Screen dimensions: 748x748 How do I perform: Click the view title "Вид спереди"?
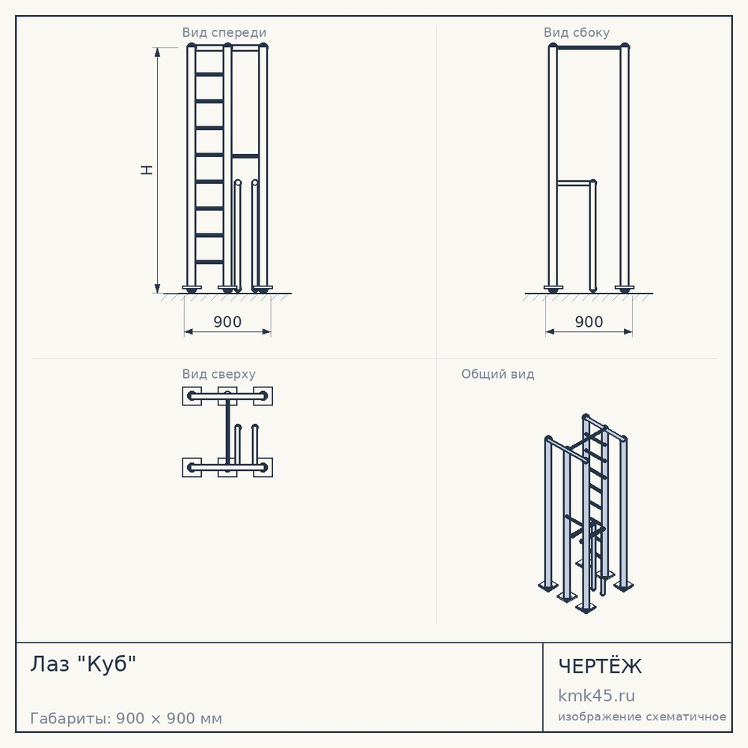pyautogui.click(x=224, y=32)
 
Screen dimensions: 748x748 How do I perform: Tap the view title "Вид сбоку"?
pyautogui.click(x=577, y=32)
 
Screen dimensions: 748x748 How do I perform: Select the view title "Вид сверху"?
pyautogui.click(x=219, y=374)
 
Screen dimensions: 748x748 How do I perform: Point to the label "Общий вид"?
pyautogui.click(x=497, y=374)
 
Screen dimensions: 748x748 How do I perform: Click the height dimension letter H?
pyautogui.click(x=147, y=171)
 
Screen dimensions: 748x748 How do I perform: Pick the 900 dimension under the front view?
pyautogui.click(x=227, y=322)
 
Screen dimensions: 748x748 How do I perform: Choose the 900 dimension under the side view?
pyautogui.click(x=589, y=322)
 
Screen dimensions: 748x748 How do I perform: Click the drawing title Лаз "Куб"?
pyautogui.click(x=84, y=663)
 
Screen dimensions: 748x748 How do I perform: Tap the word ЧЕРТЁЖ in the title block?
pyautogui.click(x=600, y=666)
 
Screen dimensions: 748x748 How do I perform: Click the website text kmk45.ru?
pyautogui.click(x=596, y=696)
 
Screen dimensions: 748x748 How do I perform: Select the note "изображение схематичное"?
pyautogui.click(x=642, y=717)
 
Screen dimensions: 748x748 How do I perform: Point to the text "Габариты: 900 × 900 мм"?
pyautogui.click(x=126, y=718)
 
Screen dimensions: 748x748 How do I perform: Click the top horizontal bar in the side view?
pyautogui.click(x=589, y=48)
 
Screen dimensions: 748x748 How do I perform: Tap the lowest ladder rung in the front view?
pyautogui.click(x=209, y=262)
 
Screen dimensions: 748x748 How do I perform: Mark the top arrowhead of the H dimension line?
pyautogui.click(x=157, y=52)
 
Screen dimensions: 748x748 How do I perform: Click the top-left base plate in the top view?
pyautogui.click(x=191, y=396)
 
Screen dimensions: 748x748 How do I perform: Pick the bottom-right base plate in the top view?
pyautogui.click(x=263, y=467)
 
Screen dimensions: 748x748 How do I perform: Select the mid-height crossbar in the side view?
pyautogui.click(x=574, y=183)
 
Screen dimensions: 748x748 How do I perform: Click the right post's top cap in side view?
pyautogui.click(x=625, y=46)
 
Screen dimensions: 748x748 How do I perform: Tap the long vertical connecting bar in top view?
pyautogui.click(x=227, y=432)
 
